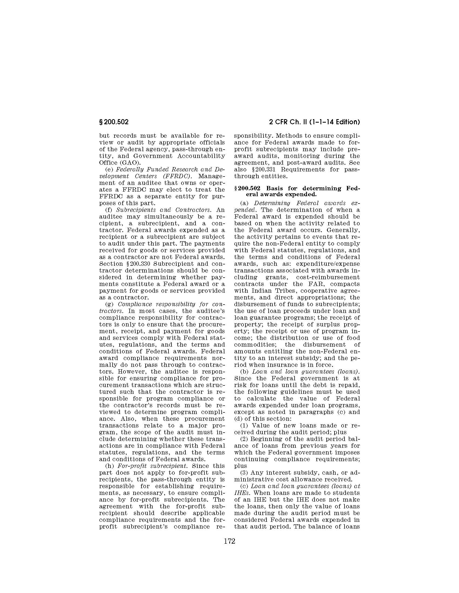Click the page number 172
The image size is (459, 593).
(229, 541)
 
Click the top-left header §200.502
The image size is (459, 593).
(114, 122)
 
